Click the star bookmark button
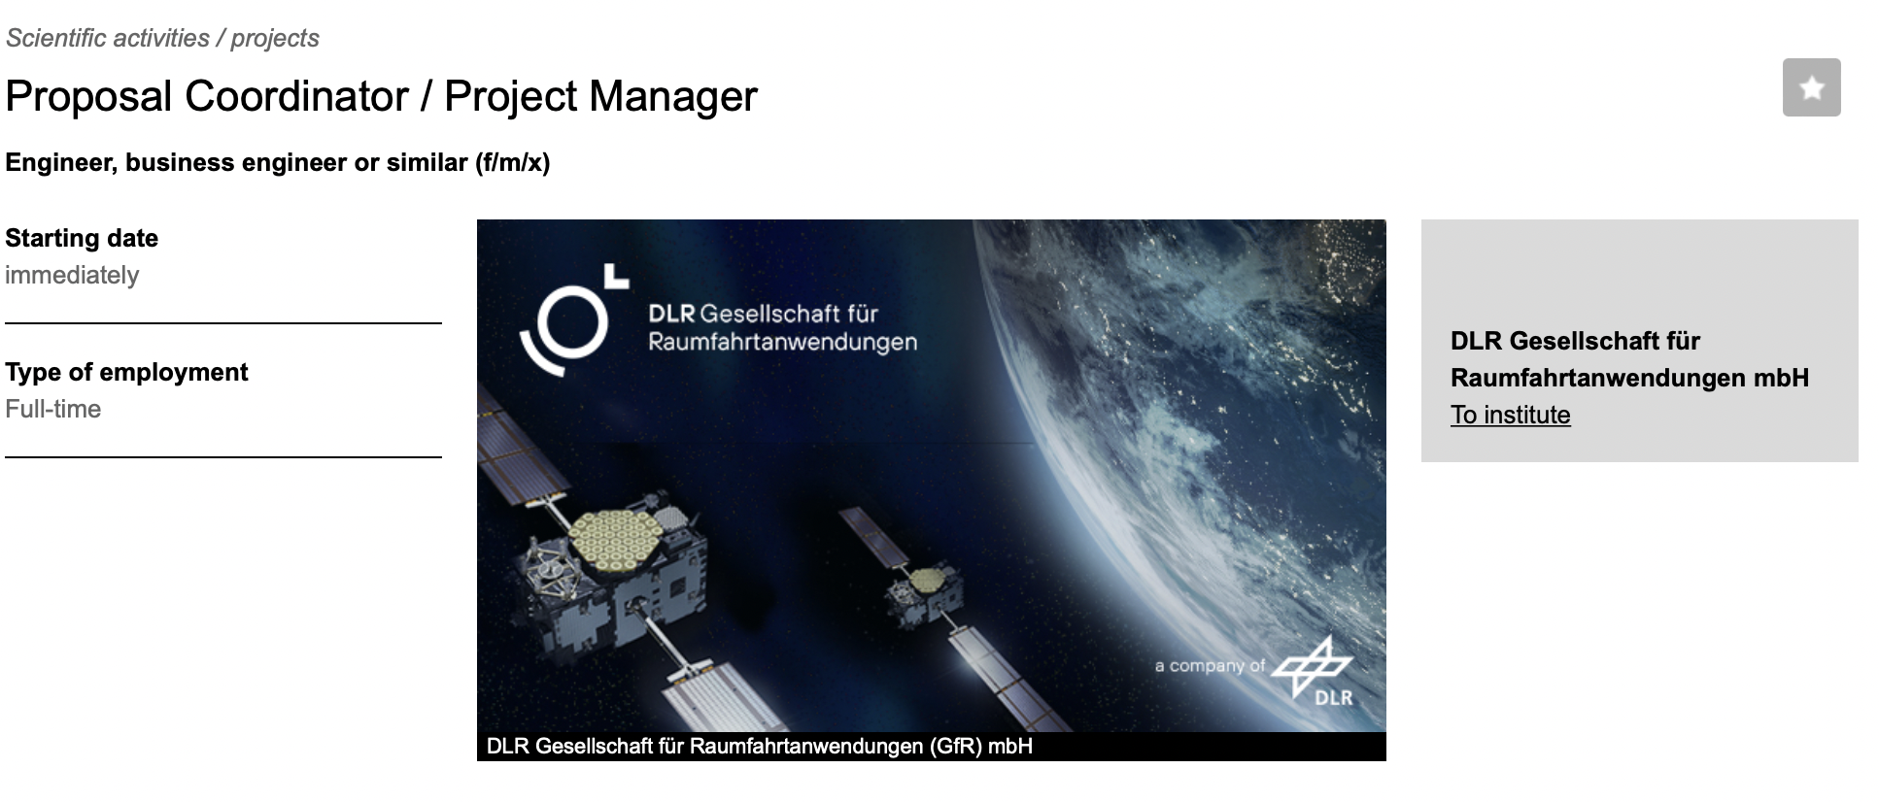(1811, 87)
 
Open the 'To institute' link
(1510, 415)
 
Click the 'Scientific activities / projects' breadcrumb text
(162, 38)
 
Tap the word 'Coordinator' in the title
(297, 96)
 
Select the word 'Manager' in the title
(672, 96)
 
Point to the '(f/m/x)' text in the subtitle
(513, 162)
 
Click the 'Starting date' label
(82, 238)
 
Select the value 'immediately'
(72, 275)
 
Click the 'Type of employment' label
(126, 372)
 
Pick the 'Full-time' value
(53, 409)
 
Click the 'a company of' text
(1210, 666)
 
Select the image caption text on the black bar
(759, 747)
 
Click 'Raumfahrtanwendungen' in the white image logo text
(782, 342)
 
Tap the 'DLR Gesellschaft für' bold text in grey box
(1575, 341)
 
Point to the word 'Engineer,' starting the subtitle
(61, 162)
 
